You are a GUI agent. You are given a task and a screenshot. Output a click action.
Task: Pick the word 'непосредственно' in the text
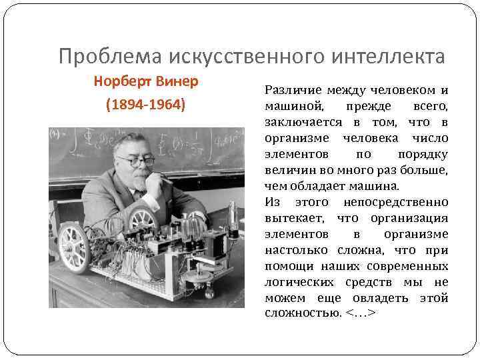click(x=396, y=202)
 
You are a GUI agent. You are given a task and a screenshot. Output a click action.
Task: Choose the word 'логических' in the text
click(x=298, y=282)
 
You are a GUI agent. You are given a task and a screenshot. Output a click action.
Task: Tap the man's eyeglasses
click(x=139, y=161)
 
